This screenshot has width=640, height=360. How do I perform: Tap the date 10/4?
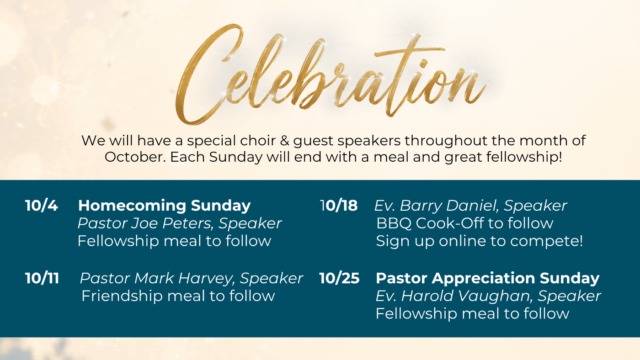42,206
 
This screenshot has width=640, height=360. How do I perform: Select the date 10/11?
42,278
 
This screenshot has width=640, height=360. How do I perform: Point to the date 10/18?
339,206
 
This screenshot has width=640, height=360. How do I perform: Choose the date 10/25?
339,278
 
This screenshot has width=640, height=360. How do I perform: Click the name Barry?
421,206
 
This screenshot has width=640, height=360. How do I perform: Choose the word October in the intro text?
135,157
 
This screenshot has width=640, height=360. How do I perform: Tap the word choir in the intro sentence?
258,140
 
